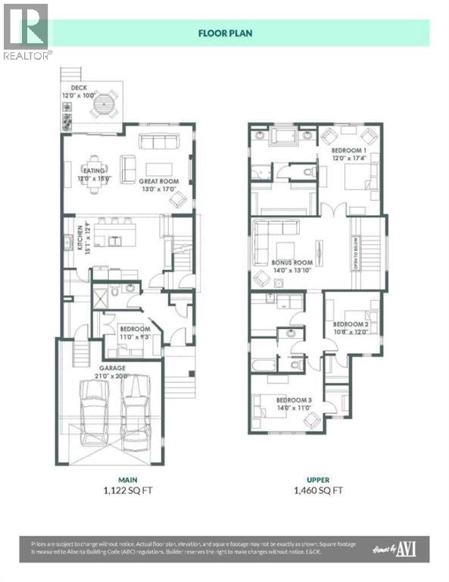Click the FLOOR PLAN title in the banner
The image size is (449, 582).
click(224, 33)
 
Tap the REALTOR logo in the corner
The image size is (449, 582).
click(27, 31)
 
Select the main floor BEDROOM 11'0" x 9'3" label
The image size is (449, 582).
click(137, 332)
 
